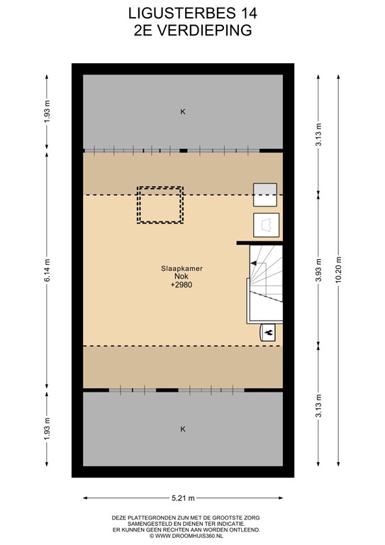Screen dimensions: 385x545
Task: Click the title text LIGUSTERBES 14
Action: pyautogui.click(x=193, y=13)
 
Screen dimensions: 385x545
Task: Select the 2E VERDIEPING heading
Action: pyautogui.click(x=193, y=31)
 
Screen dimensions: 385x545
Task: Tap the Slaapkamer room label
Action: pyautogui.click(x=182, y=268)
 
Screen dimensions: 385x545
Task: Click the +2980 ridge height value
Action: pyautogui.click(x=182, y=285)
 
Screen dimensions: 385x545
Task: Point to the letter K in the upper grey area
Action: pyautogui.click(x=183, y=111)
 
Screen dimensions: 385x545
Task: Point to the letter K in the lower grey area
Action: pyautogui.click(x=183, y=429)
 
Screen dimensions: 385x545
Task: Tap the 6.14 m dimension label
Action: pyautogui.click(x=48, y=270)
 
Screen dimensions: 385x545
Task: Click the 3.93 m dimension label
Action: pyautogui.click(x=318, y=270)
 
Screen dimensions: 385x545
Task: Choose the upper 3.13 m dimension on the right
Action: pyautogui.click(x=318, y=135)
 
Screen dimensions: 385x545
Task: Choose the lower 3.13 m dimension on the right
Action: pyautogui.click(x=318, y=406)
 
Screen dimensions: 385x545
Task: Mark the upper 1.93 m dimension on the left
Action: pyautogui.click(x=48, y=111)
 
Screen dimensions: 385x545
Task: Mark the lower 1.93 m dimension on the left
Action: pyautogui.click(x=48, y=429)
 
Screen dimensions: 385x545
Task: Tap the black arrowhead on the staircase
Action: pyautogui.click(x=254, y=263)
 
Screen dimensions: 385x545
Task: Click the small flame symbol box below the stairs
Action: pyautogui.click(x=268, y=333)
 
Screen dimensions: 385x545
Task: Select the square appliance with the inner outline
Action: pyautogui.click(x=267, y=225)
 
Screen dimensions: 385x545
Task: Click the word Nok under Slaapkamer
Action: pyautogui.click(x=182, y=277)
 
